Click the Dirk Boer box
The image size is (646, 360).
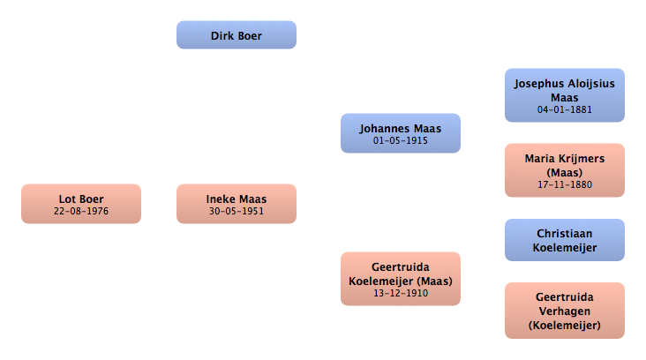pos(237,35)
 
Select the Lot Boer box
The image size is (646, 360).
pos(81,204)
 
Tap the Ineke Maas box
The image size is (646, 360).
pos(237,204)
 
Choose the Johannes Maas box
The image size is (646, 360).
pos(401,133)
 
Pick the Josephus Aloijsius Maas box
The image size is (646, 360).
pos(565,95)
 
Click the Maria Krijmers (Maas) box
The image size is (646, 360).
pos(565,170)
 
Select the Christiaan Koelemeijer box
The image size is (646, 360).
pos(565,240)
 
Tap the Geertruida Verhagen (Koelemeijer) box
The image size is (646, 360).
pos(565,311)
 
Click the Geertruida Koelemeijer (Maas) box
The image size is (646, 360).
pos(401,279)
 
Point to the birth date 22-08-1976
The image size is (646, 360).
pos(81,211)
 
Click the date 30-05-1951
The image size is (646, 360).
pos(237,211)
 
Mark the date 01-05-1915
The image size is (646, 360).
pos(401,141)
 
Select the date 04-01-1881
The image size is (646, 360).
pos(565,110)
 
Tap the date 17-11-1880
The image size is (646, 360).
pos(565,185)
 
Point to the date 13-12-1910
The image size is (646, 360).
pos(401,293)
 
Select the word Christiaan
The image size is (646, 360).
pos(565,234)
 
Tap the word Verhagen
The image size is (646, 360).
pos(565,311)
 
